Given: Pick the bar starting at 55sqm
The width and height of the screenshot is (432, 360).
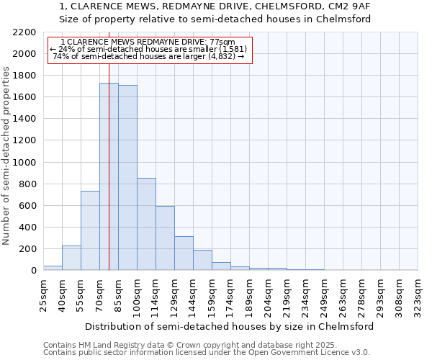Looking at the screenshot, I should [90, 230].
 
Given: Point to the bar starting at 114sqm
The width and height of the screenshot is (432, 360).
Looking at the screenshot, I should [165, 238].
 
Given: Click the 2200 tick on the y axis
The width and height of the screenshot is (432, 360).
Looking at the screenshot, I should [24, 32].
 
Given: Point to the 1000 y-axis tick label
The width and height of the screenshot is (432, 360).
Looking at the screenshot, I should [24, 163].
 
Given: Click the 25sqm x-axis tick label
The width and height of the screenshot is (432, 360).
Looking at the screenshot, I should [43, 294].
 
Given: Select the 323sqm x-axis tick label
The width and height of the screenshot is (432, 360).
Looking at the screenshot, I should [418, 294].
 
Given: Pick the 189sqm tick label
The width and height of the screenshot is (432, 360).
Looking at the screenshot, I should [249, 294].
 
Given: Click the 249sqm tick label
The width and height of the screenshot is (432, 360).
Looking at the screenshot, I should [324, 294].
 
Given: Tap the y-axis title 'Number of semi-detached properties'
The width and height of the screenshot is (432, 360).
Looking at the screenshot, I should [6, 155].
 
